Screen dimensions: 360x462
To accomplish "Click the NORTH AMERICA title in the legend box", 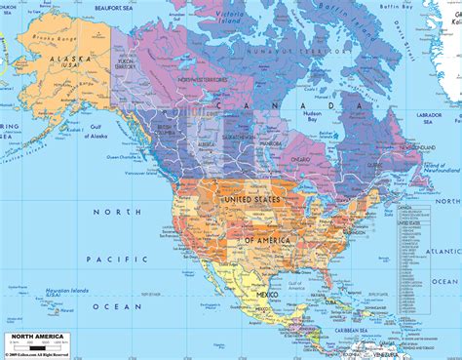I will (x=36, y=333).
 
